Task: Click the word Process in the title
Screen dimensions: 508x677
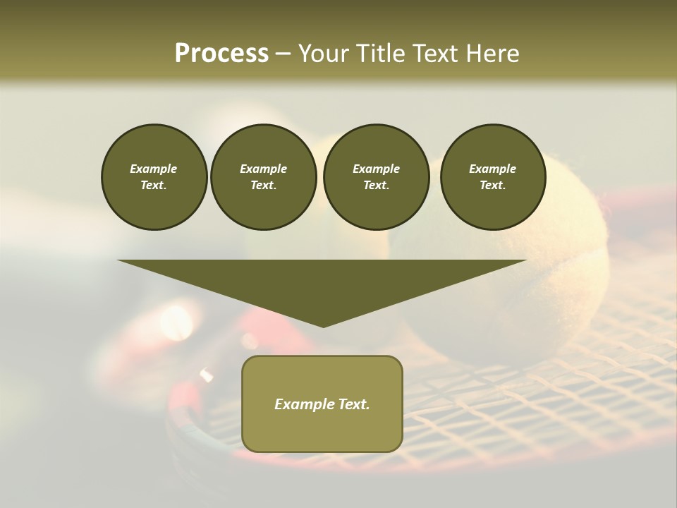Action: pyautogui.click(x=221, y=54)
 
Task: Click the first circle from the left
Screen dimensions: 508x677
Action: pyautogui.click(x=154, y=177)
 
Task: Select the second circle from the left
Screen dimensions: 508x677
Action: pyautogui.click(x=263, y=177)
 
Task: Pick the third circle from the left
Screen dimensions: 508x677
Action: pyautogui.click(x=376, y=177)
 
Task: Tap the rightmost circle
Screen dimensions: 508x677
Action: pyautogui.click(x=492, y=177)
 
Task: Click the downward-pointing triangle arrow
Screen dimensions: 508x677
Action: pyautogui.click(x=322, y=282)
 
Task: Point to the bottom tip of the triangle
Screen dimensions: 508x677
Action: pyautogui.click(x=323, y=326)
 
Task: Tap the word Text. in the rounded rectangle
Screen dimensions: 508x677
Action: pyautogui.click(x=352, y=404)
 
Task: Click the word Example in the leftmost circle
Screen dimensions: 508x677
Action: pyautogui.click(x=154, y=169)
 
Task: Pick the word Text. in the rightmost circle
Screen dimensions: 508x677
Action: pyautogui.click(x=492, y=186)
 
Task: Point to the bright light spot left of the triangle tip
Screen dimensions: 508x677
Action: pyautogui.click(x=176, y=322)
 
